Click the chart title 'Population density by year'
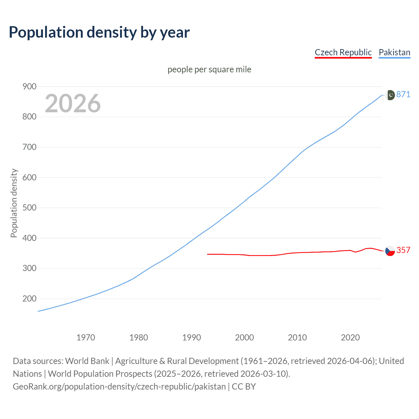click(99, 32)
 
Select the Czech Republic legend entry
click(343, 52)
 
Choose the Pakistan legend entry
click(394, 52)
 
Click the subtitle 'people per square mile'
click(209, 69)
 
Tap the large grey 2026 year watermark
click(73, 103)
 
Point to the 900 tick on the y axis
click(29, 86)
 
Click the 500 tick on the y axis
click(29, 208)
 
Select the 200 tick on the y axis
click(29, 299)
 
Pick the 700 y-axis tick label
click(29, 147)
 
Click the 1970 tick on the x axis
click(86, 337)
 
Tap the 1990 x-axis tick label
click(191, 337)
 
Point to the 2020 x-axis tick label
click(350, 337)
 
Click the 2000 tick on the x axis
click(245, 337)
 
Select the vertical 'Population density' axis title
click(14, 203)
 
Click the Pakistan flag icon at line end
click(390, 95)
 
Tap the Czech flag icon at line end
click(390, 251)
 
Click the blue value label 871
click(403, 95)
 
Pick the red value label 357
click(403, 250)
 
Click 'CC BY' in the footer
click(244, 387)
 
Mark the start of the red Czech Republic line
click(208, 254)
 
